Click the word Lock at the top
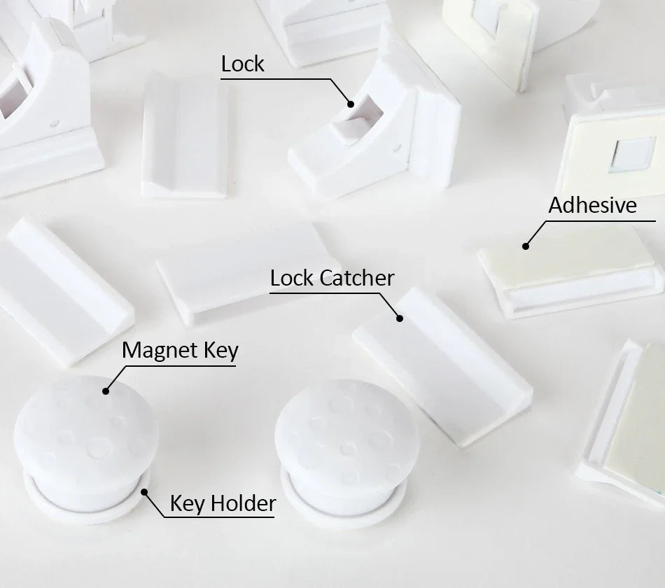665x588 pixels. pos(242,64)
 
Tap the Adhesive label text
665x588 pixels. pos(592,205)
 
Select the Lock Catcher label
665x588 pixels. pos(332,278)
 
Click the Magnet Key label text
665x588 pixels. pos(180,350)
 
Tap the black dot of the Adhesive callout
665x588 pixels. pos(526,246)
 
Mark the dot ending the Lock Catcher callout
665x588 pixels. pos(400,318)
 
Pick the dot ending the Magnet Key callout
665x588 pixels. pos(106,391)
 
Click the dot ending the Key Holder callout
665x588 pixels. pos(145,491)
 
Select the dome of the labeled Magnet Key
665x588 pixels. pos(85,427)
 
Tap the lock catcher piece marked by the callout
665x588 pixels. pos(441,364)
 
